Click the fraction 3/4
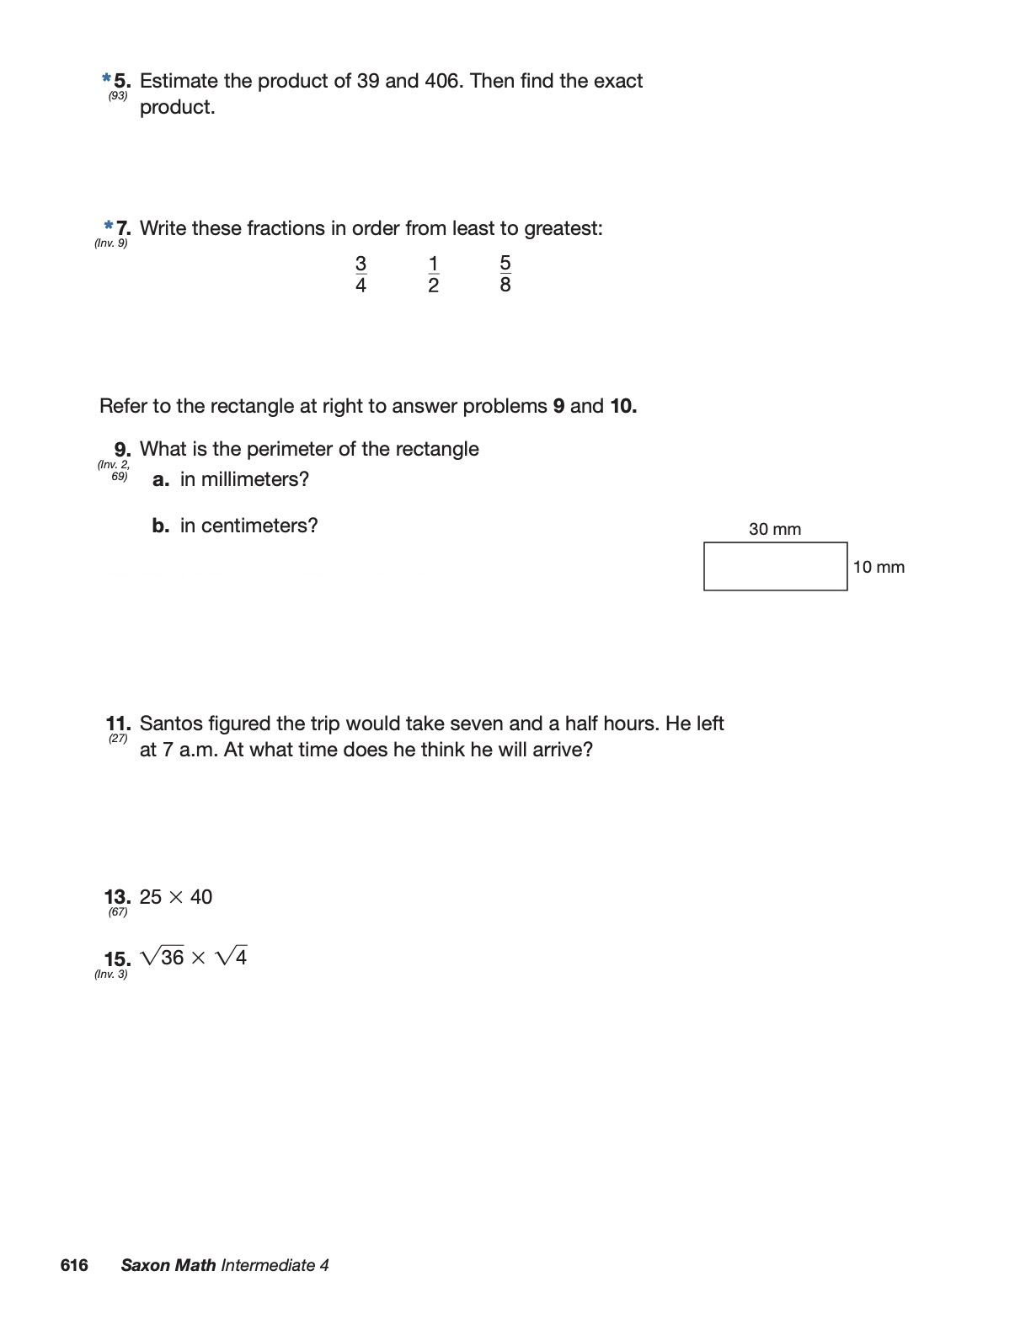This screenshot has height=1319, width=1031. [x=361, y=275]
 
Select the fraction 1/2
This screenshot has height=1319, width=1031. [x=433, y=275]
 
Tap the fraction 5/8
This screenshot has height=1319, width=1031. [x=505, y=274]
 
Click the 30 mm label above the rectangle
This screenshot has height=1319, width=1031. [x=775, y=529]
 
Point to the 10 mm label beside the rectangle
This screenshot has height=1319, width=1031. [x=879, y=567]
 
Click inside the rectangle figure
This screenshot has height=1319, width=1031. [x=775, y=567]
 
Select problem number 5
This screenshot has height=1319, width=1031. [x=122, y=81]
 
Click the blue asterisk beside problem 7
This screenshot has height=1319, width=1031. [x=109, y=226]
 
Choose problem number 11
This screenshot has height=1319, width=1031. [x=118, y=724]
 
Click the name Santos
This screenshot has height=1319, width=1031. [x=170, y=724]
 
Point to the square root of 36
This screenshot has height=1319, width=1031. [x=163, y=957]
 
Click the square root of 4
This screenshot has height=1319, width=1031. [x=232, y=957]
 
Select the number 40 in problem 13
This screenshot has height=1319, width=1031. [x=201, y=897]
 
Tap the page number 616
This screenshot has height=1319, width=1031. [x=74, y=1265]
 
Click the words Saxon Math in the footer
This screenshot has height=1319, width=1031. [x=168, y=1265]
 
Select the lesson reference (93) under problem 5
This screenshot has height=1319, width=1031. [x=118, y=96]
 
